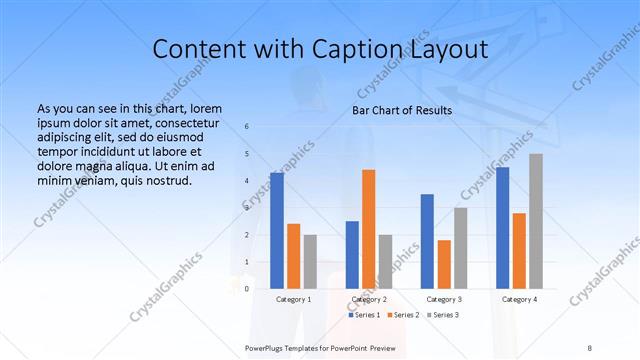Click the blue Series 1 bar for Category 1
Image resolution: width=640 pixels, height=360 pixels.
pyautogui.click(x=277, y=231)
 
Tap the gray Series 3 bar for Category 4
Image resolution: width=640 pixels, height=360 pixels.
pyautogui.click(x=536, y=221)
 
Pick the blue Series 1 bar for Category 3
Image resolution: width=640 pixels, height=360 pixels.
pyautogui.click(x=427, y=241)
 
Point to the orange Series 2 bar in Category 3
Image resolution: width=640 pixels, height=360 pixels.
pyautogui.click(x=444, y=264)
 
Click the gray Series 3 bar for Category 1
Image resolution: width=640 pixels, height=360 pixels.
pyautogui.click(x=310, y=262)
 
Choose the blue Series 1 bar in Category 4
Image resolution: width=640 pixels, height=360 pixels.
pyautogui.click(x=503, y=228)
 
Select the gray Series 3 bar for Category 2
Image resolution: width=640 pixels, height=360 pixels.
pyautogui.click(x=385, y=262)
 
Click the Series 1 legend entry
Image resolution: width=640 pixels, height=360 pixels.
pyautogui.click(x=364, y=315)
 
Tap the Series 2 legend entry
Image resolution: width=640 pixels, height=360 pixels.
pyautogui.click(x=403, y=315)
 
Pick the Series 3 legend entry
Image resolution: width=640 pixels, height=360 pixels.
pyautogui.click(x=443, y=315)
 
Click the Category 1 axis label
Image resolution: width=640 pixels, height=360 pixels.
pyautogui.click(x=293, y=299)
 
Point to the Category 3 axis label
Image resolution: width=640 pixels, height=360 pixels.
pyautogui.click(x=444, y=299)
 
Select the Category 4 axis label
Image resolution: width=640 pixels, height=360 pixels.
pyautogui.click(x=519, y=299)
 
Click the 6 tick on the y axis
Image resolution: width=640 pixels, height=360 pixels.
pyautogui.click(x=247, y=127)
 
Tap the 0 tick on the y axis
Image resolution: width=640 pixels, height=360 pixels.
pyautogui.click(x=247, y=289)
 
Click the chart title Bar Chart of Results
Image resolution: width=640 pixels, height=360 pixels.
pyautogui.click(x=402, y=110)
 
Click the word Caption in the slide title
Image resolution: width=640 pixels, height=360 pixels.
pyautogui.click(x=337, y=49)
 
